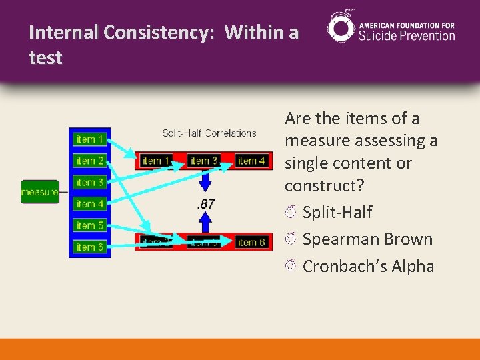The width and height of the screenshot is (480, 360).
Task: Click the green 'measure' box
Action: click(40, 192)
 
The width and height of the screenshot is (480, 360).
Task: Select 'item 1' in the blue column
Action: click(90, 139)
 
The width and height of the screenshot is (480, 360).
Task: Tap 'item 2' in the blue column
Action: click(90, 161)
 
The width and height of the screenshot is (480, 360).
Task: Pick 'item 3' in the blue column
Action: click(90, 182)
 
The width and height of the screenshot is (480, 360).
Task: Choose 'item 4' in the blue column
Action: click(90, 204)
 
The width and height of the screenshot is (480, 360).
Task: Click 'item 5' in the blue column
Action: click(90, 225)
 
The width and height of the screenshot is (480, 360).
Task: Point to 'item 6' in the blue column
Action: click(90, 247)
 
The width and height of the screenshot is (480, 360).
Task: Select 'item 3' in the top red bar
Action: click(204, 161)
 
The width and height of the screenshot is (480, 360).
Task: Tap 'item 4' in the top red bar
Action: click(251, 161)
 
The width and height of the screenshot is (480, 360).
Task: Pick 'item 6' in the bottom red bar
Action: click(251, 242)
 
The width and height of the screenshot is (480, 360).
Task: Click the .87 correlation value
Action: click(205, 204)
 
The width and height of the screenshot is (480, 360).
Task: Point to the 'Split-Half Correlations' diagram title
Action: click(209, 133)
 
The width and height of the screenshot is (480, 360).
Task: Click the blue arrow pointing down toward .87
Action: click(205, 181)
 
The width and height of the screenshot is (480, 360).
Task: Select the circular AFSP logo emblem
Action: click(341, 28)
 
